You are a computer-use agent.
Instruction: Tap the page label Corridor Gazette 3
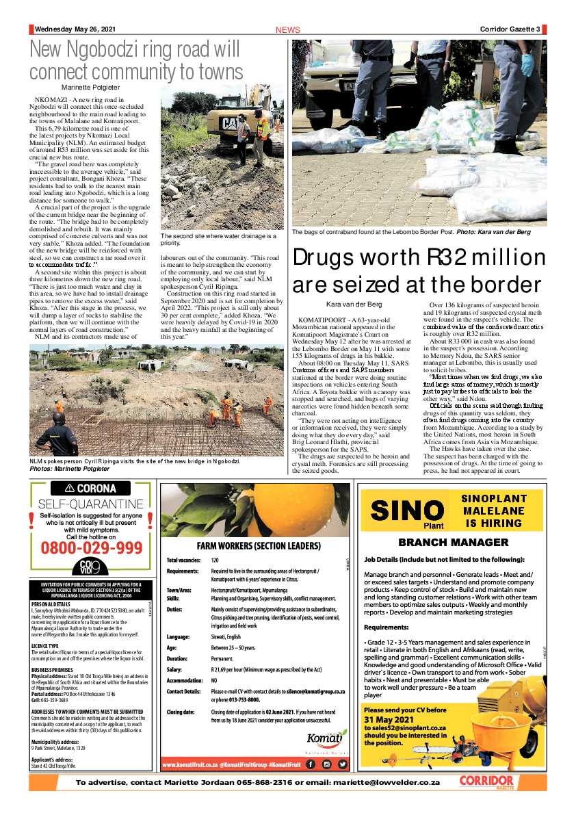click(509, 29)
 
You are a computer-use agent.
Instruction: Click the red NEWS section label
click(287, 30)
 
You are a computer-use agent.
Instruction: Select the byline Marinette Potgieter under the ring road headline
click(90, 88)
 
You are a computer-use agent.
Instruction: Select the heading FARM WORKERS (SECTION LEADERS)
click(259, 546)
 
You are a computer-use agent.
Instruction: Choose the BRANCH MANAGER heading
click(453, 543)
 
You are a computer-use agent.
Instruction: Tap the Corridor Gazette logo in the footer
click(486, 781)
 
